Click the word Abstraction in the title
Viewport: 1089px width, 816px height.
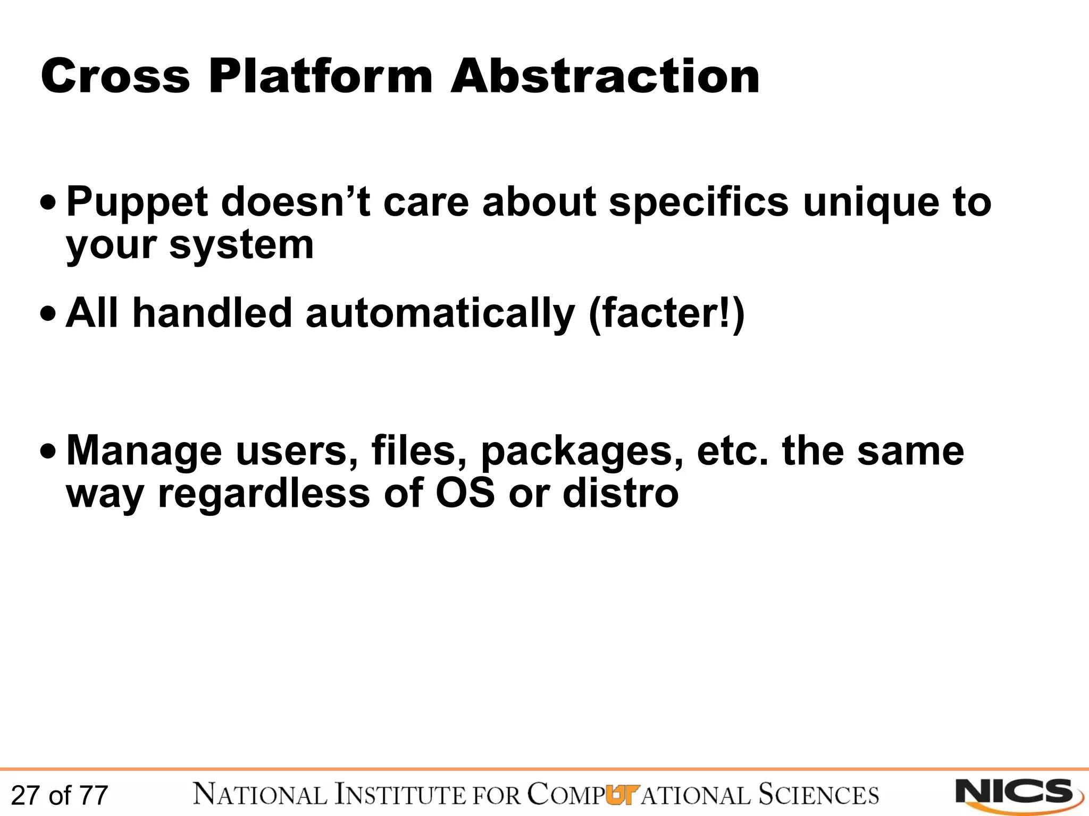coord(605,76)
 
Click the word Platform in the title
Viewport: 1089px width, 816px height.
coord(321,76)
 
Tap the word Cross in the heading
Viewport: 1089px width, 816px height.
coord(115,76)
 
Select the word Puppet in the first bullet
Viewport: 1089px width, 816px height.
coord(137,203)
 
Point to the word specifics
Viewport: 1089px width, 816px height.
coord(698,203)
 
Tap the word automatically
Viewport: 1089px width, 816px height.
coord(440,313)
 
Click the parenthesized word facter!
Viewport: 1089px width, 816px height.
coord(667,314)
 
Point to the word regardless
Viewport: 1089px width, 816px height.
coord(264,494)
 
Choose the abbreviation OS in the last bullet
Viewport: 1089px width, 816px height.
coord(465,492)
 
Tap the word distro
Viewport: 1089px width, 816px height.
coord(621,492)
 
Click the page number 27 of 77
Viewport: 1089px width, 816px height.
coord(60,795)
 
